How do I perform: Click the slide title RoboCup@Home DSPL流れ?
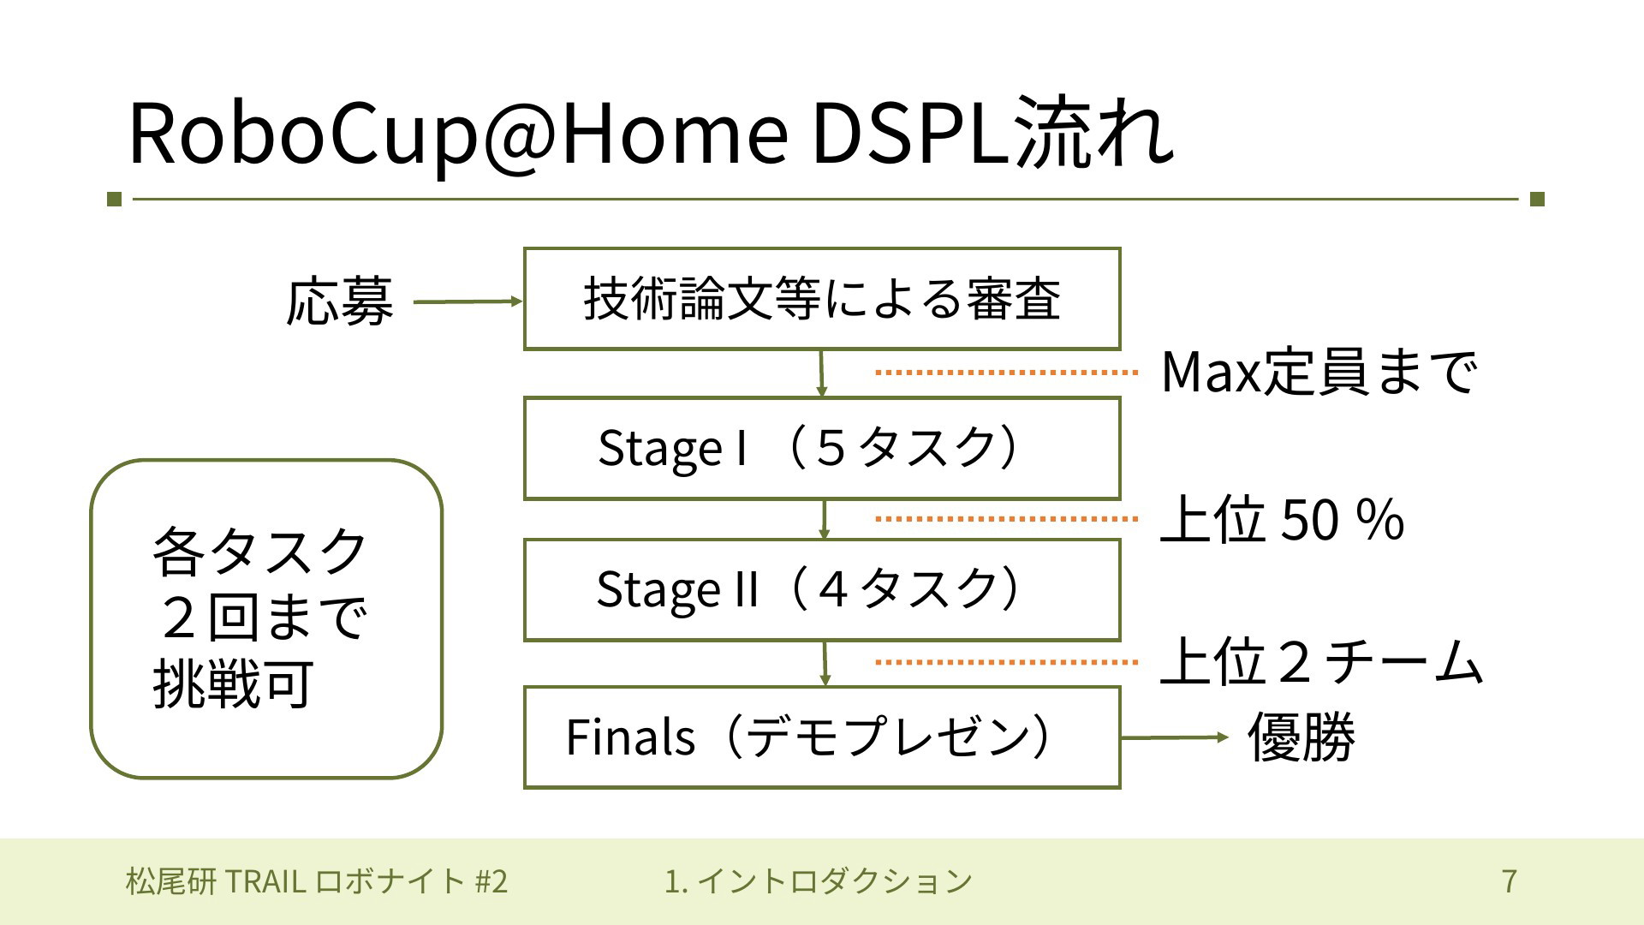(x=651, y=134)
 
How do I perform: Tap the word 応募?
(x=340, y=301)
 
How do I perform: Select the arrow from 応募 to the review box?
(x=468, y=301)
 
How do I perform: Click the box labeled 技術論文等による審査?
(x=822, y=299)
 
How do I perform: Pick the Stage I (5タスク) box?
(x=822, y=448)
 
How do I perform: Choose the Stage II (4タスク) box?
(x=822, y=590)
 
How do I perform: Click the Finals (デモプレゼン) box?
(x=822, y=737)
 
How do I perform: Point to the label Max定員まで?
(x=1319, y=373)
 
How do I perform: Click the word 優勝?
(x=1301, y=737)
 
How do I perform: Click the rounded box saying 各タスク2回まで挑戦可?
(x=266, y=619)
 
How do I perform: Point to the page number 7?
(x=1510, y=880)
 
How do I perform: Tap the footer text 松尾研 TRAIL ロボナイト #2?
(x=317, y=880)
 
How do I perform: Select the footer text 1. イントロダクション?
(x=819, y=880)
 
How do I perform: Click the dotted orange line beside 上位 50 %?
(x=1007, y=519)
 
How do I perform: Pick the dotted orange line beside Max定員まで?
(x=1007, y=373)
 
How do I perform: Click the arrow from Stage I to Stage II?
(x=824, y=520)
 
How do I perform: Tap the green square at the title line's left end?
(x=115, y=200)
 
